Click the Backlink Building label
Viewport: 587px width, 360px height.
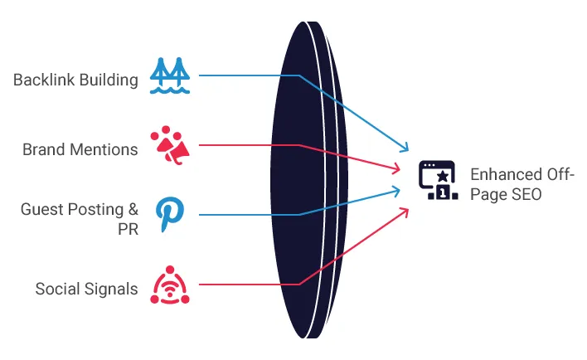tap(75, 80)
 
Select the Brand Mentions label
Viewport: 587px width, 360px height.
tap(80, 149)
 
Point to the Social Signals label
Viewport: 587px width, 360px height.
tap(86, 289)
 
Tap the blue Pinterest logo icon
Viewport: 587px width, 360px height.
tap(170, 214)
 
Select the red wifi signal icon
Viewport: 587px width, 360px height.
tap(170, 285)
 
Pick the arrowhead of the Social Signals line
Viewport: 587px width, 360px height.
tap(406, 209)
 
